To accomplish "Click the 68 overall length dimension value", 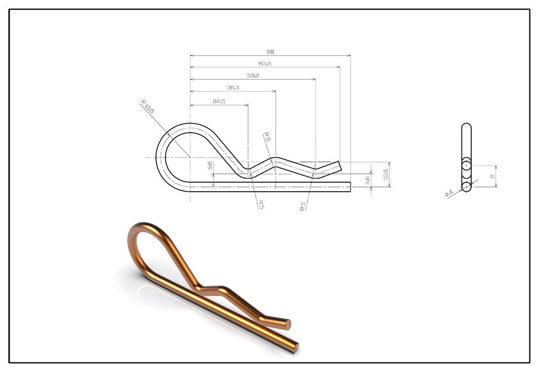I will (x=270, y=52).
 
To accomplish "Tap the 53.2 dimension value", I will (x=253, y=76).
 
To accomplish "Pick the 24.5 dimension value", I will (x=219, y=101).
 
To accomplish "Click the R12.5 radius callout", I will (x=147, y=107).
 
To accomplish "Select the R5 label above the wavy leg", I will (x=267, y=136).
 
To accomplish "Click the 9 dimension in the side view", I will (x=491, y=176).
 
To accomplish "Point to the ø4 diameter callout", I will (x=449, y=193).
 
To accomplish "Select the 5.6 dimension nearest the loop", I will (x=210, y=165).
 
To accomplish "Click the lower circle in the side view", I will (x=466, y=187).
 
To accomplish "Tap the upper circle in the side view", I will (x=466, y=165).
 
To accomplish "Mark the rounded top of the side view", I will (x=466, y=126).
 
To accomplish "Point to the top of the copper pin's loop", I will (x=147, y=224).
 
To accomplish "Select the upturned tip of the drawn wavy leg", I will (x=338, y=165).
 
